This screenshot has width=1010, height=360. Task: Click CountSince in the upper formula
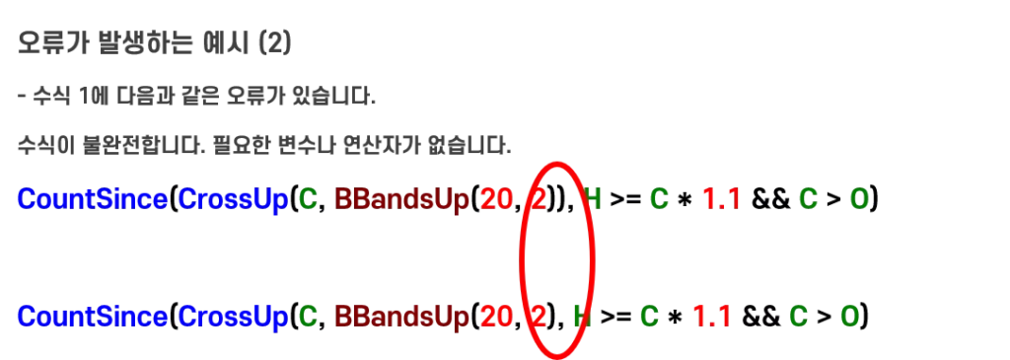pyautogui.click(x=93, y=199)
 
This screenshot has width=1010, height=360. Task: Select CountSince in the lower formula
pyautogui.click(x=93, y=316)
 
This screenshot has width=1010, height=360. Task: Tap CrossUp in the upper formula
pyautogui.click(x=233, y=199)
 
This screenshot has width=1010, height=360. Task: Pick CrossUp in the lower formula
pyautogui.click(x=233, y=316)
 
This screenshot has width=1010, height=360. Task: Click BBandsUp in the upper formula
pyautogui.click(x=402, y=199)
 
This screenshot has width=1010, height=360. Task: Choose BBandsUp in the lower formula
pyautogui.click(x=402, y=316)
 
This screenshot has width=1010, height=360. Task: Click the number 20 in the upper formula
pyautogui.click(x=496, y=199)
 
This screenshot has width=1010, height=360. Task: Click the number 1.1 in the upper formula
pyautogui.click(x=721, y=199)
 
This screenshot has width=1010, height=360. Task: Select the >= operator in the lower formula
pyautogui.click(x=614, y=317)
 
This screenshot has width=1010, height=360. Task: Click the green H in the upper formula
pyautogui.click(x=592, y=199)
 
